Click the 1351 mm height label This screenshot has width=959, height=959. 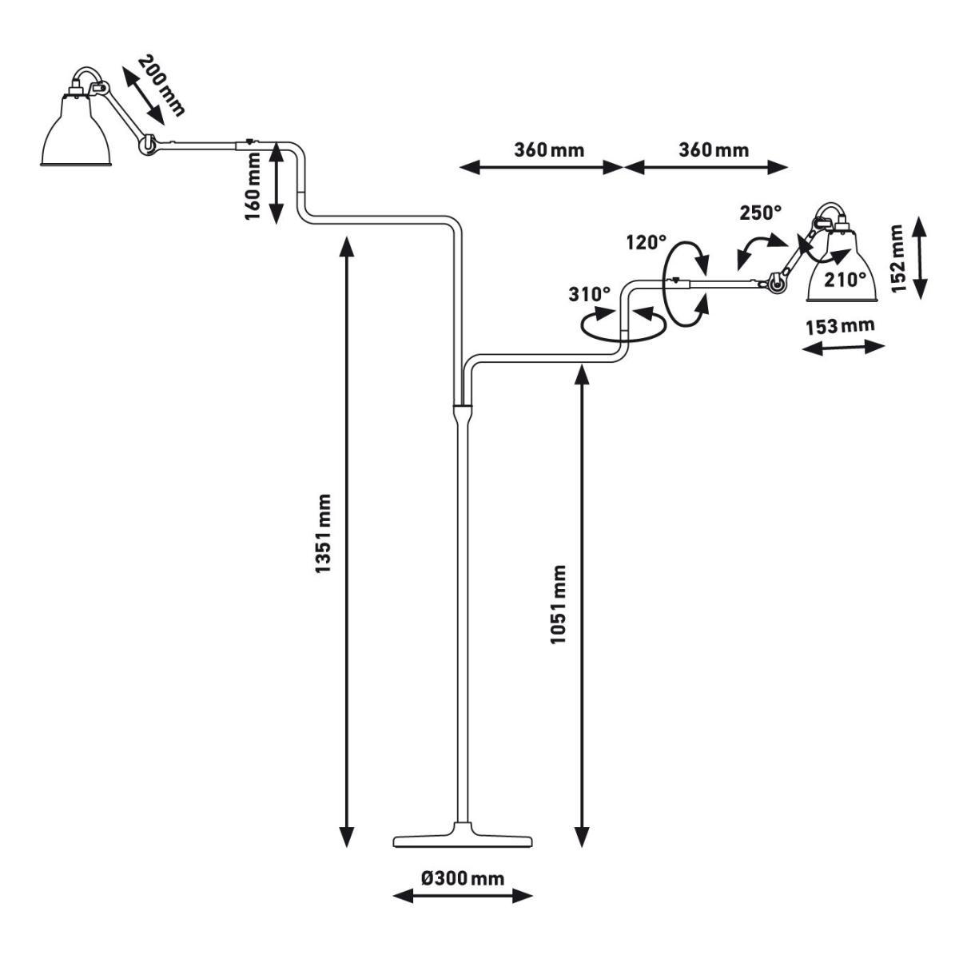pos(323,533)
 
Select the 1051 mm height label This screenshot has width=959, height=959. pos(559,604)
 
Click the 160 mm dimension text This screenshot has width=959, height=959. pos(253,187)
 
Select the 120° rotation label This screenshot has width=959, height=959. pos(646,243)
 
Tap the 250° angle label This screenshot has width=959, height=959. pos(761,213)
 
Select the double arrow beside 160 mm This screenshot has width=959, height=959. pos(277,183)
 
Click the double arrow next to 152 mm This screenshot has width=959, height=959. pos(921,257)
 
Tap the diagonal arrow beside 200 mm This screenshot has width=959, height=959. pos(143,96)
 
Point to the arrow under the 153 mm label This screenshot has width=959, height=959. pos(844,348)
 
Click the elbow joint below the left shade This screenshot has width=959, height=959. pos(147,145)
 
